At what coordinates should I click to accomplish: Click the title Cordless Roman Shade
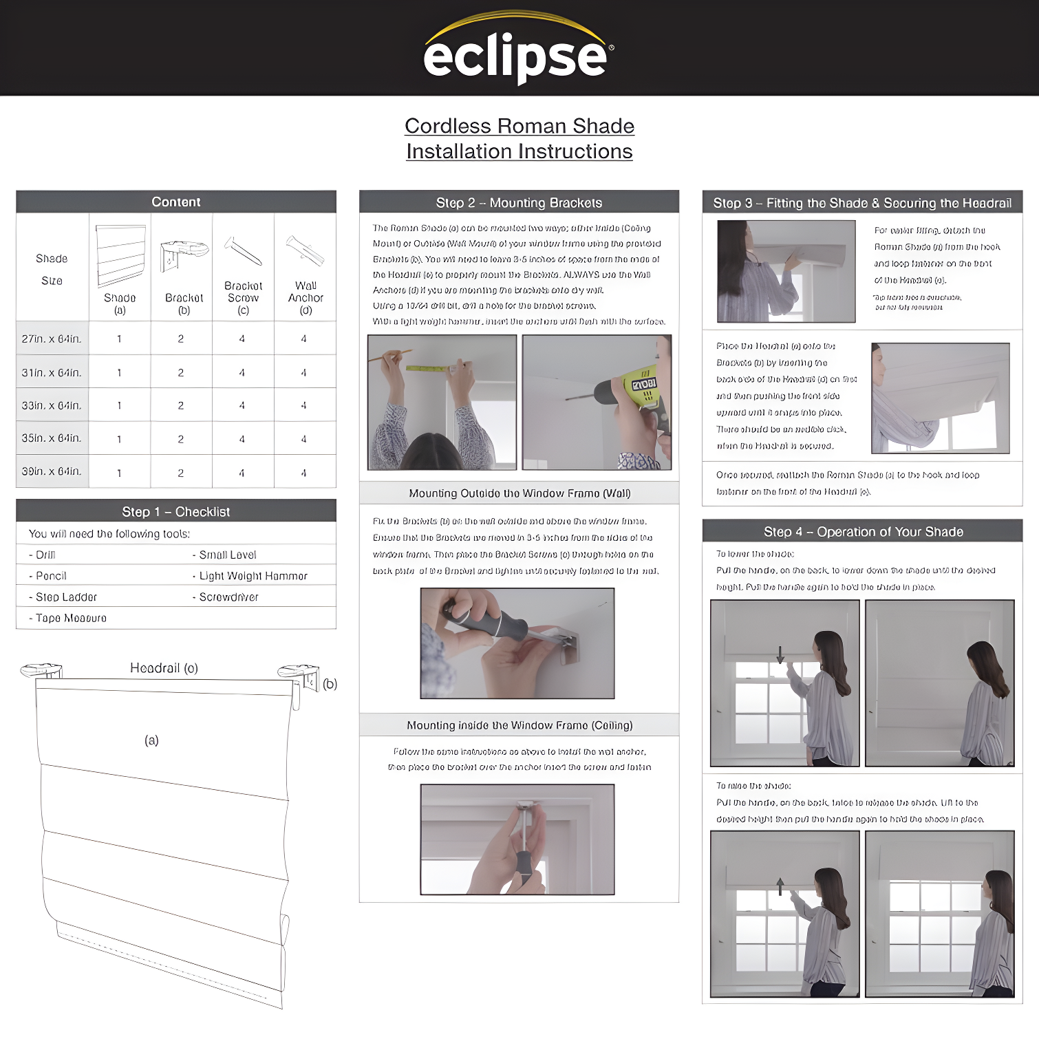519,126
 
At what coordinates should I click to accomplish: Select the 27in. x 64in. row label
52,339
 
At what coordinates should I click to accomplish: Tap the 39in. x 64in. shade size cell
52,471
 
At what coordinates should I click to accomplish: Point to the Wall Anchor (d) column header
306,297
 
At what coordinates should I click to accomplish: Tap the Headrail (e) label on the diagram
164,668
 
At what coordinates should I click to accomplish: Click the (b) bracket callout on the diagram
330,684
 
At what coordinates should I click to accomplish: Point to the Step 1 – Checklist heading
176,511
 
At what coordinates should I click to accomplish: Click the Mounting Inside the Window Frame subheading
519,725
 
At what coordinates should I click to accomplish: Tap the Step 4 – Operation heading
863,532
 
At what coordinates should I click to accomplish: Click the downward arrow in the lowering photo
780,654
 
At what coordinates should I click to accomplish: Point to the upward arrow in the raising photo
780,886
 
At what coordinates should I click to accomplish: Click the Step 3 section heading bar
862,203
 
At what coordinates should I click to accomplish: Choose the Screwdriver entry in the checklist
228,597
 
